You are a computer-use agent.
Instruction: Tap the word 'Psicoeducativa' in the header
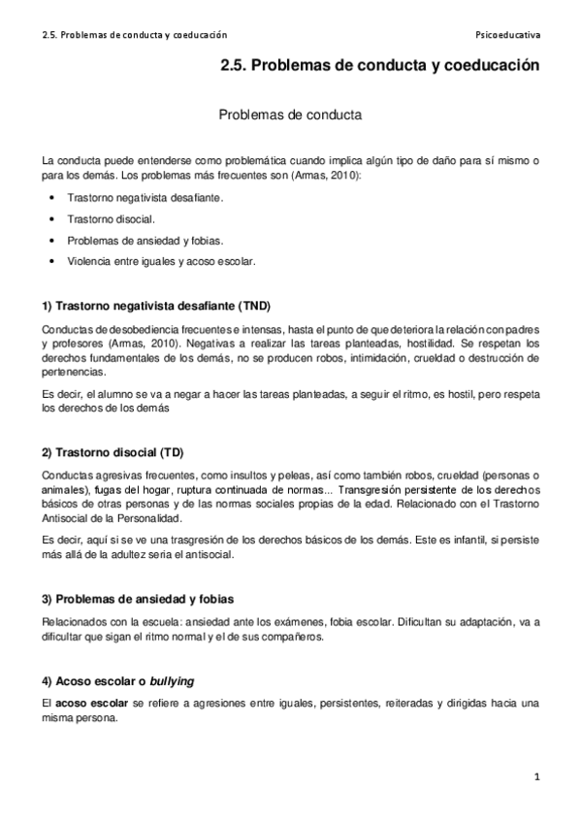click(508, 34)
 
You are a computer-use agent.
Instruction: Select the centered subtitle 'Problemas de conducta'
click(290, 114)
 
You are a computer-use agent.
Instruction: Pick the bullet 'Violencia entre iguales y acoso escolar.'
click(162, 261)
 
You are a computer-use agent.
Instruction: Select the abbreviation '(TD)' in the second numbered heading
click(171, 426)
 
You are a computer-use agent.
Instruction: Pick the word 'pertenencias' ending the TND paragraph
click(77, 371)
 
